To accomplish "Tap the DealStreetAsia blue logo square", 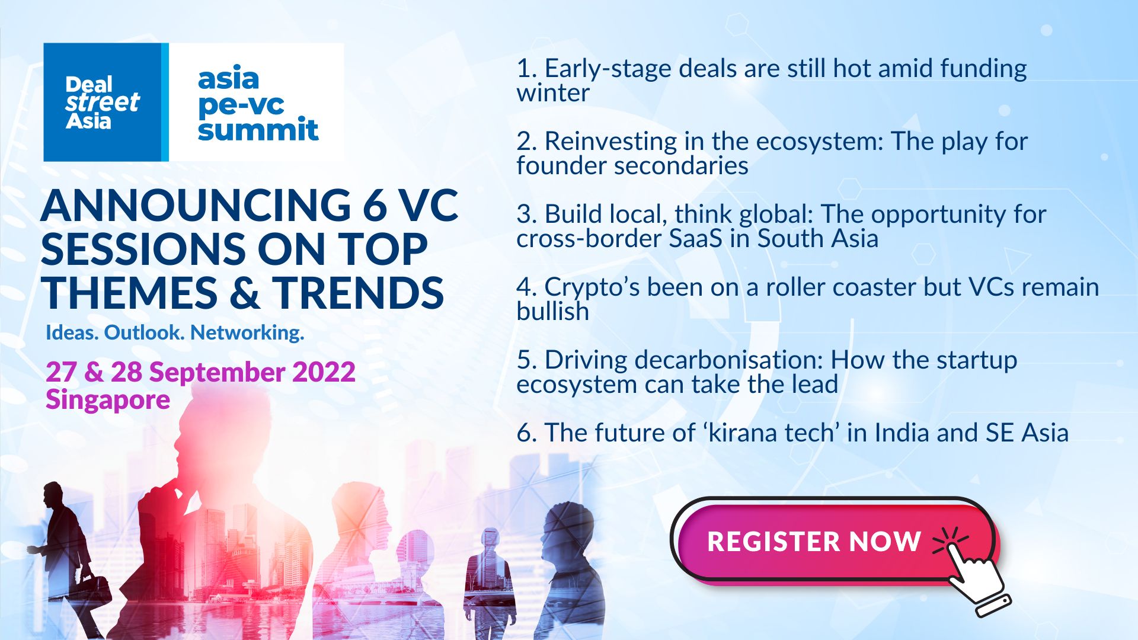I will pos(102,102).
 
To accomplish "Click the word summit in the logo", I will pos(258,130).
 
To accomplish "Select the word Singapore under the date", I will pos(108,400).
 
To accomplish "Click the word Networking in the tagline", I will pos(247,332).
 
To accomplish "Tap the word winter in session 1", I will pos(553,93).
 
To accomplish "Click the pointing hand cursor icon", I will pos(972,575).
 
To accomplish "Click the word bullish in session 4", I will pos(552,312).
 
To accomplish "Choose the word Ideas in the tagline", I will pos(72,332).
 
